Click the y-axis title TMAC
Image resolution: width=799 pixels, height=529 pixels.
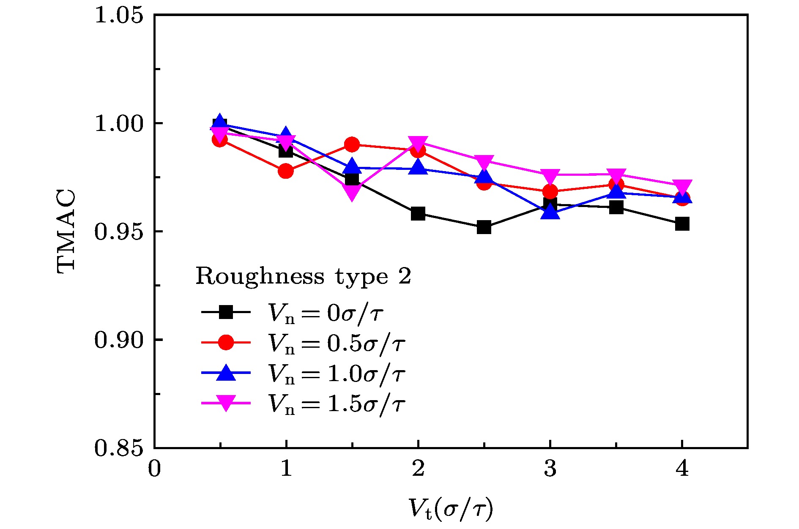coord(66,231)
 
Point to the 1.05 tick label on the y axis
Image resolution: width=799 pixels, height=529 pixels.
coord(118,16)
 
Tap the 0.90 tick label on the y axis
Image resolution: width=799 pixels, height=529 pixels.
coord(118,340)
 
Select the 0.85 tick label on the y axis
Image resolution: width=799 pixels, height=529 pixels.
coord(118,448)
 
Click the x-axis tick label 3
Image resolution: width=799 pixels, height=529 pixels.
coord(550,469)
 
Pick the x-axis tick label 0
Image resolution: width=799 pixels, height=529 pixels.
coord(154,469)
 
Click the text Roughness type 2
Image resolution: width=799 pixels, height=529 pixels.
coord(303,277)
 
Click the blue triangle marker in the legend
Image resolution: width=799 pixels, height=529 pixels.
coord(226,373)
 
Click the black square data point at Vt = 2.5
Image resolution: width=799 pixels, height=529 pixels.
coord(484,227)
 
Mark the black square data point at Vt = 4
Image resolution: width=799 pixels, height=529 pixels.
coord(682,224)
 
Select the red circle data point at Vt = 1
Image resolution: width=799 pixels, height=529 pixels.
coord(286,171)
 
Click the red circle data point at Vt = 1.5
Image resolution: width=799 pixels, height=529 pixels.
coord(352,145)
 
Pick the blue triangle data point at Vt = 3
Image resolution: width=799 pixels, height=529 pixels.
coord(550,212)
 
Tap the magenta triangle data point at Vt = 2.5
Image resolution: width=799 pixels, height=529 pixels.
coord(484,162)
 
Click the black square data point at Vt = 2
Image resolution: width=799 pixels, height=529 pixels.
coord(418,213)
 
